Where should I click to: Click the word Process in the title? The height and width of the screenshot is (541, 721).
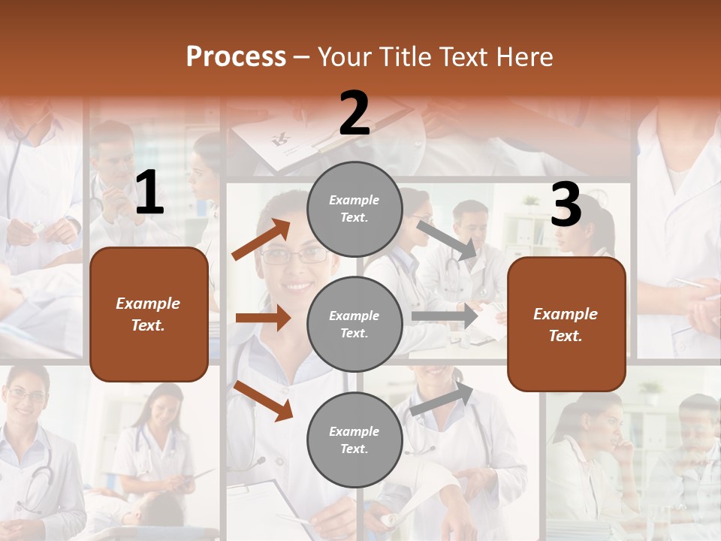point(236,56)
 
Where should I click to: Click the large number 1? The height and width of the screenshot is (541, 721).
point(149,193)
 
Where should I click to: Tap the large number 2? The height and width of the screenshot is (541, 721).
point(354,113)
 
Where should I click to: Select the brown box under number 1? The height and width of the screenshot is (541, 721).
point(149,314)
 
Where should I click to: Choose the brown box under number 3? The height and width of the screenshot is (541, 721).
point(566,325)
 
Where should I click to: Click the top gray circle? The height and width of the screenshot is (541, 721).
point(354,209)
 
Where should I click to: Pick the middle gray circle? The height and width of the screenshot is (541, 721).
point(354,324)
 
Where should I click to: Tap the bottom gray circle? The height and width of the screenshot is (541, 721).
point(354,440)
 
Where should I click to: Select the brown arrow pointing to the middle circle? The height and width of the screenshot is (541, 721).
point(263,318)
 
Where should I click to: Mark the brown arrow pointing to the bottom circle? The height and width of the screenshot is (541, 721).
point(264,400)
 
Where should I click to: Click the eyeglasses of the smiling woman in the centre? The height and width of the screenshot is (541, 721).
point(295,255)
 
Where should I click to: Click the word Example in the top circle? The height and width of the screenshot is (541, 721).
point(354,200)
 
